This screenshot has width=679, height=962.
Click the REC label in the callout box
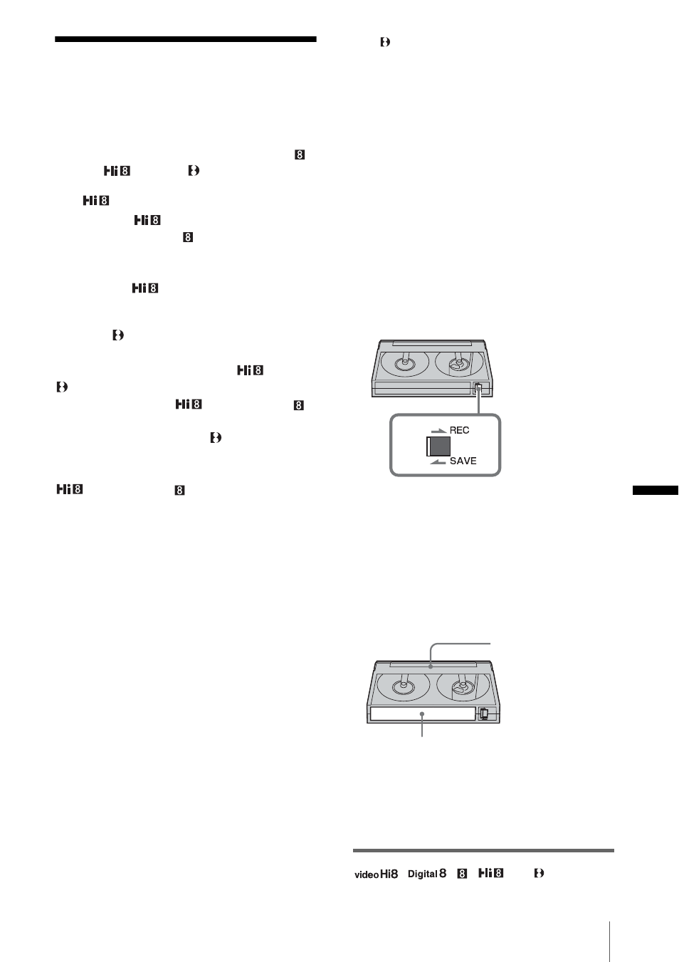tap(459, 430)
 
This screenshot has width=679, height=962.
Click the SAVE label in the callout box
tap(463, 461)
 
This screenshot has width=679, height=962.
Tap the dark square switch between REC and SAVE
tap(438, 446)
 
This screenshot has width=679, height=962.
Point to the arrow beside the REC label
tap(438, 431)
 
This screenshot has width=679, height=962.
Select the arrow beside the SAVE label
tap(438, 461)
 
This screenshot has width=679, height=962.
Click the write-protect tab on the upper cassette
tap(478, 389)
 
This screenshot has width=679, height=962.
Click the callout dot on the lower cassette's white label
tap(422, 713)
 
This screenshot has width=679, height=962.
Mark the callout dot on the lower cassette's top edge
tap(431, 666)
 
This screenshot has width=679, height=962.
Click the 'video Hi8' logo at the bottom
tap(376, 874)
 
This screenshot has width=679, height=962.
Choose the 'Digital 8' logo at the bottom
tap(427, 874)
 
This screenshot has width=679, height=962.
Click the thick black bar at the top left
tap(186, 39)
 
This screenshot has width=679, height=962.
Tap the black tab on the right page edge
tap(656, 490)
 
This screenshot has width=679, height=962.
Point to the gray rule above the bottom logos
tap(483, 850)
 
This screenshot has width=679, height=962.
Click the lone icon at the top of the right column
tap(385, 42)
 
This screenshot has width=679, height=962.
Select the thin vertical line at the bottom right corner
tap(609, 941)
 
